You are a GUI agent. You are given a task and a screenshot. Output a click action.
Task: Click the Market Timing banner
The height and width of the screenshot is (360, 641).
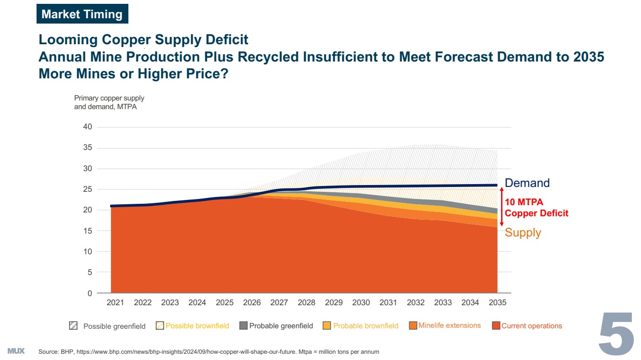(x=82, y=14)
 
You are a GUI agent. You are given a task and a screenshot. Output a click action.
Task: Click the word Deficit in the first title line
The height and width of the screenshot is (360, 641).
(x=225, y=39)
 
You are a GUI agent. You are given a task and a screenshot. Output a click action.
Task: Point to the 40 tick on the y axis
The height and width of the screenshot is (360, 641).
(x=88, y=127)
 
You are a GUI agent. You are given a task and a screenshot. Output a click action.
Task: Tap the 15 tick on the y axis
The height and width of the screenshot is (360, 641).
(x=88, y=231)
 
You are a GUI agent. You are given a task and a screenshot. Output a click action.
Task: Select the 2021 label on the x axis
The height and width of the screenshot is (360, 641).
(x=115, y=302)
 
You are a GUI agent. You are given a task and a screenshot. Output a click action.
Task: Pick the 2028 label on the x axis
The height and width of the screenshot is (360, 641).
(x=306, y=302)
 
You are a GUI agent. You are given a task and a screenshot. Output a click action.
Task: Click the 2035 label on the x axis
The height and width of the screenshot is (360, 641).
(x=497, y=302)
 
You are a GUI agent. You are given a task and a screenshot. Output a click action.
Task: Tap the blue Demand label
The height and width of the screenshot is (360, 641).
(x=527, y=183)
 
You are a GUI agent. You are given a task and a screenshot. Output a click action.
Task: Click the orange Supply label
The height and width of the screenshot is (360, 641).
(x=523, y=233)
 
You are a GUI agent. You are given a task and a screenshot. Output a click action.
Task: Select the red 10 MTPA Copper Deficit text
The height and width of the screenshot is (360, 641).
(x=537, y=208)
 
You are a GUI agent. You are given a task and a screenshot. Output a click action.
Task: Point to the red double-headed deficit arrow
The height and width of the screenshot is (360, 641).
(x=502, y=206)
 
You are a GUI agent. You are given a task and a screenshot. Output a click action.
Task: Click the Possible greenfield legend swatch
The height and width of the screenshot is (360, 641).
(x=73, y=325)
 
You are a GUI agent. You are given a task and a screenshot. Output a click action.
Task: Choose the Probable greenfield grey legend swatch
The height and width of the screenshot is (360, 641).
(x=243, y=325)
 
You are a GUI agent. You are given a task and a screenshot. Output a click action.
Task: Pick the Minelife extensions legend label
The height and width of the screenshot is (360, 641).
(x=450, y=325)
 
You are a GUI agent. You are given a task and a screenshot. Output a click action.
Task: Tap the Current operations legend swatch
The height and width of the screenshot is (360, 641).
(x=496, y=325)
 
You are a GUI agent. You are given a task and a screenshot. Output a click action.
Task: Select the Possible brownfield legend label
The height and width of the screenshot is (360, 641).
(x=197, y=326)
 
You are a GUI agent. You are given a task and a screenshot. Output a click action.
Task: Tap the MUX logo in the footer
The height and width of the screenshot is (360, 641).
(x=16, y=350)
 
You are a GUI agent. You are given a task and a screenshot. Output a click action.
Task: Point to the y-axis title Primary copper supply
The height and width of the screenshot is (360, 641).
(x=109, y=98)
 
